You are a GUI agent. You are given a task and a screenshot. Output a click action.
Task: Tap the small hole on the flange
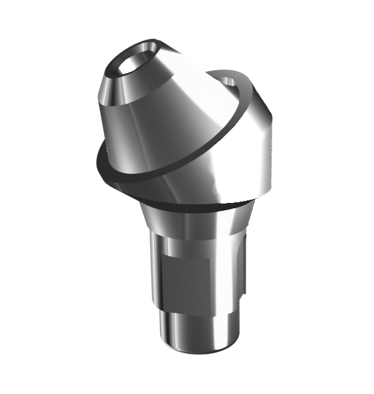coord(228,81)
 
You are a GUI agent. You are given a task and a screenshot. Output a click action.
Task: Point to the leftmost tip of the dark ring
coord(97,158)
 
